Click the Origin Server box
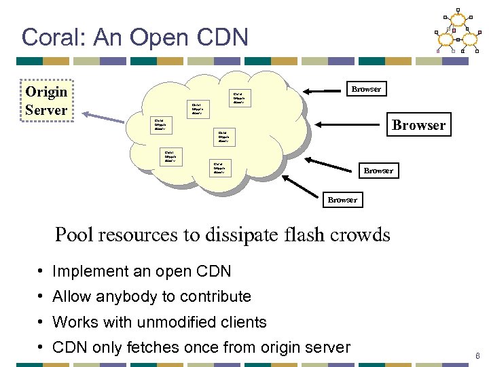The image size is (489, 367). [x=46, y=101]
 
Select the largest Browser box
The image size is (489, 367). [x=418, y=125]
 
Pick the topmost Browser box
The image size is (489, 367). [x=366, y=89]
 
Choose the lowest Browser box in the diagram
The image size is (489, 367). [x=342, y=200]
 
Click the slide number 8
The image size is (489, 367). [x=478, y=355]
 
